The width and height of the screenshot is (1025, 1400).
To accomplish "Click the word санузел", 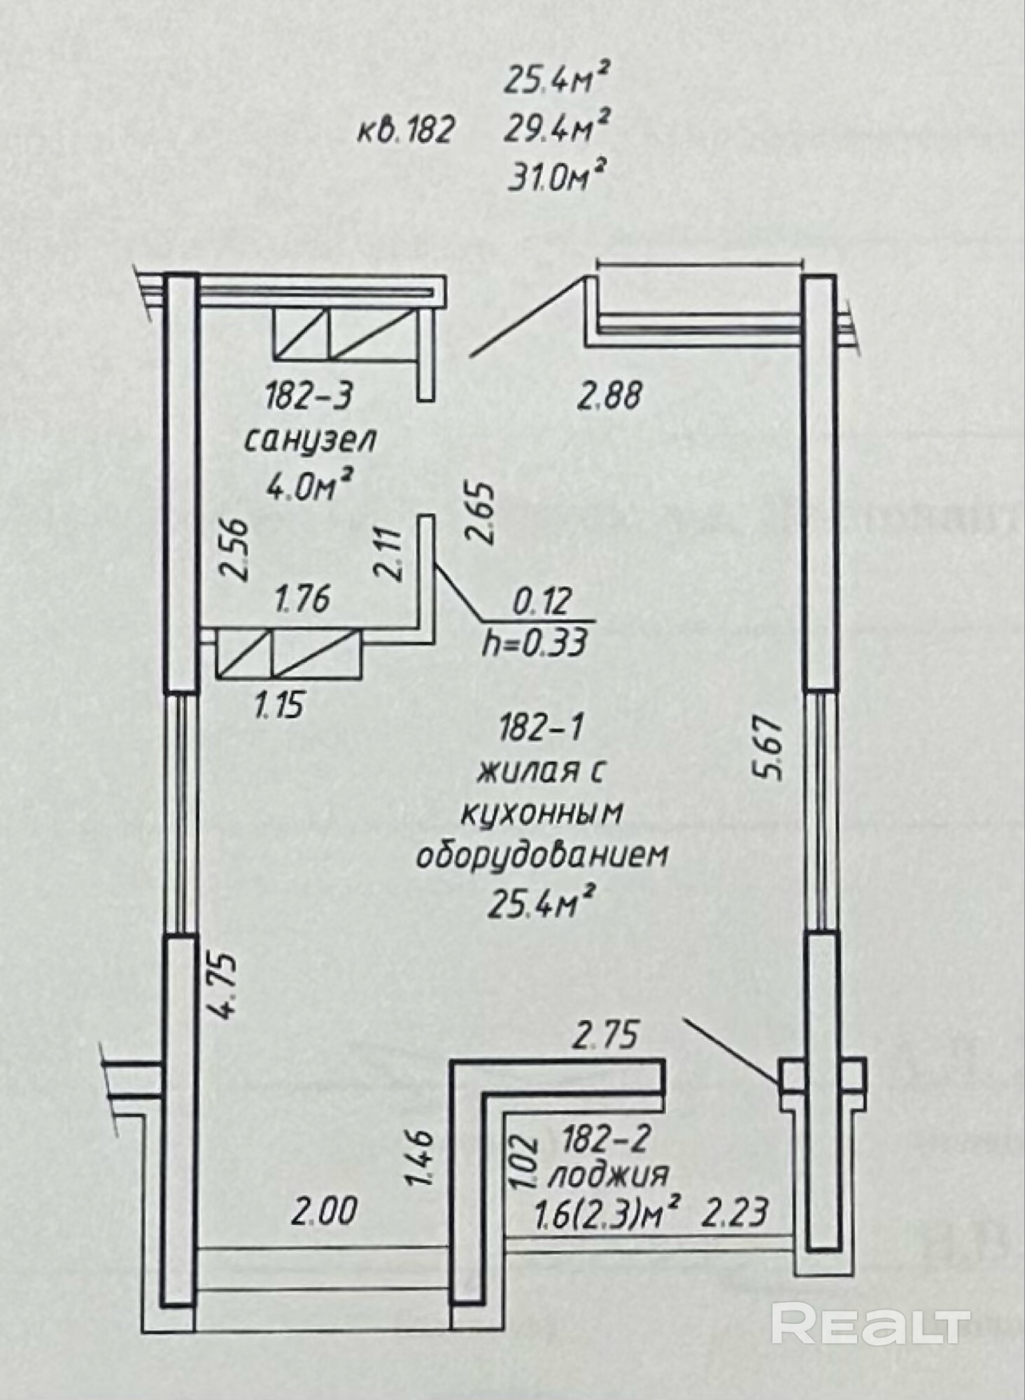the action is point(309,442).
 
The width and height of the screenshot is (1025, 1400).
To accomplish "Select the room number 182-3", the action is point(309,398).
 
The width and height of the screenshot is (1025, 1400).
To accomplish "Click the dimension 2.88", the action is point(609,398).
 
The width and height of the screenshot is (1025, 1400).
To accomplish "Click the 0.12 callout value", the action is point(542,600).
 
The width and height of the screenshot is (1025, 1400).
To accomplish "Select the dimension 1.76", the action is point(302,600).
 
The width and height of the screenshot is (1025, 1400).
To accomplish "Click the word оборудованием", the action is point(542,857).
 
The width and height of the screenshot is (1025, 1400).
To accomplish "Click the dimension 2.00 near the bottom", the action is point(324,1212).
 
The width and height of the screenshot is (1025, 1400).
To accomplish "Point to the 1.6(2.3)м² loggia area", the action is point(607,1210).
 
